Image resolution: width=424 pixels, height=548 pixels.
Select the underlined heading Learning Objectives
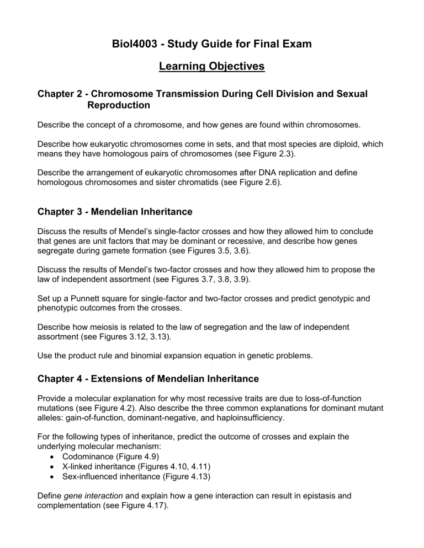(211, 67)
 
